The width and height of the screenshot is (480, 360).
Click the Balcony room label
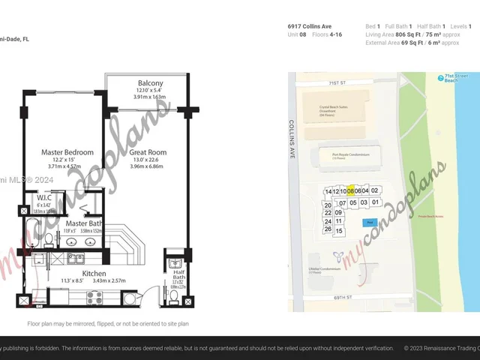pos(151,82)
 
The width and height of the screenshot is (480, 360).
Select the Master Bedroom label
pos(67,152)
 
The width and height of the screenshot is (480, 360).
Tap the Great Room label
pos(146,152)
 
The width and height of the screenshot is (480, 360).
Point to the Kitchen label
pos(94,274)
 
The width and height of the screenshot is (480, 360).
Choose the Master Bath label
pos(85,223)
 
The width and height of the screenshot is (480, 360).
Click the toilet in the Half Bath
pos(174,298)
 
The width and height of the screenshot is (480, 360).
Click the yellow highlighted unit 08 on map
pos(350,191)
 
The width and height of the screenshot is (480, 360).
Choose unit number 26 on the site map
pos(328,229)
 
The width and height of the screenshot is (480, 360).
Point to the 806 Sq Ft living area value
pos(409,34)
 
